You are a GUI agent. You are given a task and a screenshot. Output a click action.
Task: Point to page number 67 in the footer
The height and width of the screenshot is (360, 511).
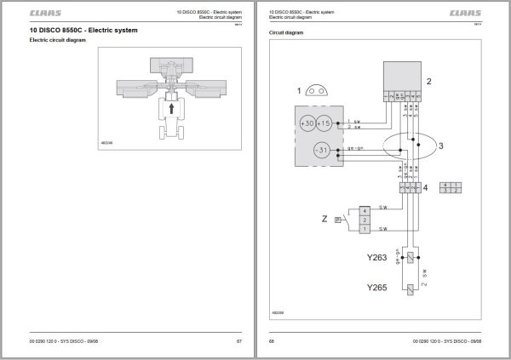click(238, 341)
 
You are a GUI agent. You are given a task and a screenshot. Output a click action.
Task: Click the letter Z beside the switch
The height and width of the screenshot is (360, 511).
click(324, 219)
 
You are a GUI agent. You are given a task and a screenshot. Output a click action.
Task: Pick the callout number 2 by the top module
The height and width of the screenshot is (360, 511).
click(429, 82)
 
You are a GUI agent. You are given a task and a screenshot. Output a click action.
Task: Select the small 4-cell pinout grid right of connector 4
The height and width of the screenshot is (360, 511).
click(452, 187)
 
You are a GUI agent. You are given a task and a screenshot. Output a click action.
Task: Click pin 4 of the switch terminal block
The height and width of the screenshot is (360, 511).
click(365, 209)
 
